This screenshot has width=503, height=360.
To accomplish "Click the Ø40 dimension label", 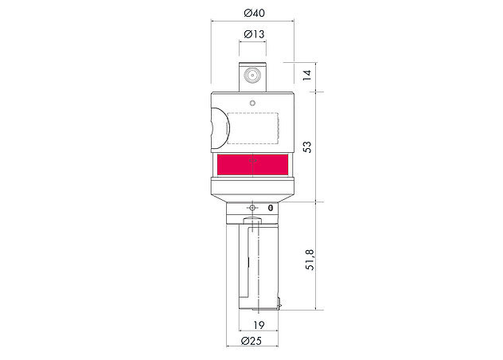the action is [254, 14].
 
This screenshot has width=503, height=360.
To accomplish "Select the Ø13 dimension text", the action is [254, 34].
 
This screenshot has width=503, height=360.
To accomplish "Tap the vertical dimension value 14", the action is [307, 75].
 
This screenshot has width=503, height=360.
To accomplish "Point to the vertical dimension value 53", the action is [307, 147].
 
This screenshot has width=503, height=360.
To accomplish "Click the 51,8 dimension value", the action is [310, 260].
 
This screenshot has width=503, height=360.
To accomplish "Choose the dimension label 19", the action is [259, 325].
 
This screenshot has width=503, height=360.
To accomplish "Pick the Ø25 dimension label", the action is [251, 341].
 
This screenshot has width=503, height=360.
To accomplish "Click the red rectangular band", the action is [253, 165].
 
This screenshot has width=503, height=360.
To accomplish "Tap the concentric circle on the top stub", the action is [252, 76].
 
